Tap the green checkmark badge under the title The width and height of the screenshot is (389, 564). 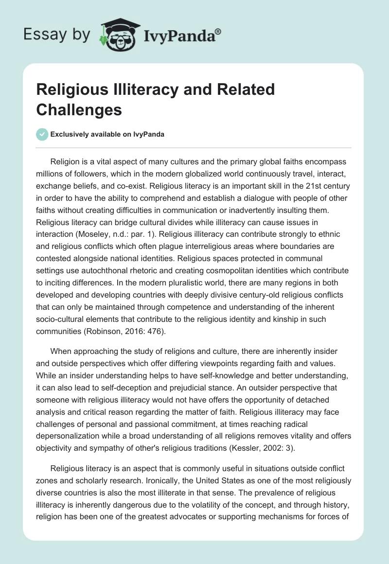pos(42,134)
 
